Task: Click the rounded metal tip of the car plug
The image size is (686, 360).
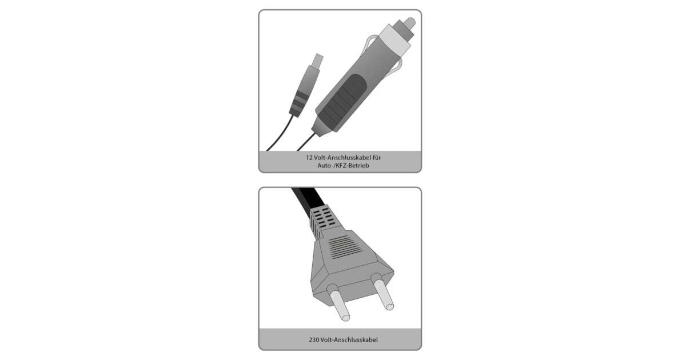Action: pos(409,23)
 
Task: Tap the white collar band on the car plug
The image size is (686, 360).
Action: pos(396,39)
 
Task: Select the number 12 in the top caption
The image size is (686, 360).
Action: pos(309,158)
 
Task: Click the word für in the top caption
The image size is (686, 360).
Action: pos(377,158)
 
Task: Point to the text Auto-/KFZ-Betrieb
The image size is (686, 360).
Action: pos(343,166)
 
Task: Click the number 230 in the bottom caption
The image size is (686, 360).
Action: pos(314,340)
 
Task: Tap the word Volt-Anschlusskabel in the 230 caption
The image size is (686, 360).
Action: pos(349,340)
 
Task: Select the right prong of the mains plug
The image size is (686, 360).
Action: pos(382,291)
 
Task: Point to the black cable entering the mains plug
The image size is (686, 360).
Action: pos(308,199)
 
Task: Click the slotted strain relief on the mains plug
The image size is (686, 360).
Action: pos(322,221)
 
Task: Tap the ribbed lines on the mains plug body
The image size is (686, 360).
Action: pos(345,247)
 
